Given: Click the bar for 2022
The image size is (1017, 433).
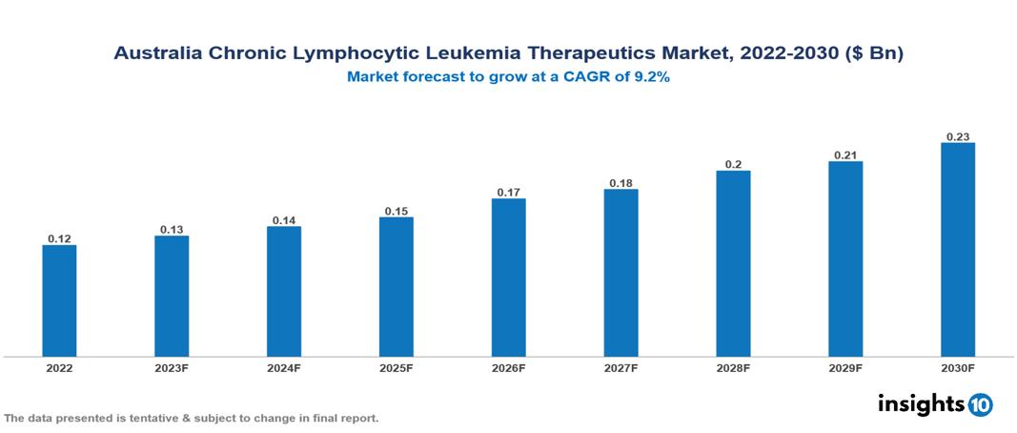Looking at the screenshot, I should pos(59,300).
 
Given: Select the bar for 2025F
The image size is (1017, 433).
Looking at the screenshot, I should pos(396,286).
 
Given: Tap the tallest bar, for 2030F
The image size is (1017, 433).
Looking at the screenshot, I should pos(958,249).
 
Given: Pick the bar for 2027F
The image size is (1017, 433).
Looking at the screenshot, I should pos(620,273).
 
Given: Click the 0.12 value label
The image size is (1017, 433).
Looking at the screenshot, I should pos(59,238).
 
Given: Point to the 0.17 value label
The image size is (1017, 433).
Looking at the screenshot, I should pos(508,192).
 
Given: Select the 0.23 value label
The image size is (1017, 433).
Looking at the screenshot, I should pos(958,136).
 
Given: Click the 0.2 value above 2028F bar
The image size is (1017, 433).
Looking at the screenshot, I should pos(733,164).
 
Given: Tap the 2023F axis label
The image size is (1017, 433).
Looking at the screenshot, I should pos(172,367).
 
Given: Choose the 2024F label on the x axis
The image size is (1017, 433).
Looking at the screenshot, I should pos(284,367).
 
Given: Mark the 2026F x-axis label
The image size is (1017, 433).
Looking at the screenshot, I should pos(508,367).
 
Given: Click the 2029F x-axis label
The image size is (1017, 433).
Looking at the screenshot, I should pos(845,367).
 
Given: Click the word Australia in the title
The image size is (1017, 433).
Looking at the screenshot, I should pos(156,54).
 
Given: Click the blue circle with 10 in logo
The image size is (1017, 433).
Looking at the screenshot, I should pos(980,404).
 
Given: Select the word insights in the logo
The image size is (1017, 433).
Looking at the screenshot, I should pos(921,403).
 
